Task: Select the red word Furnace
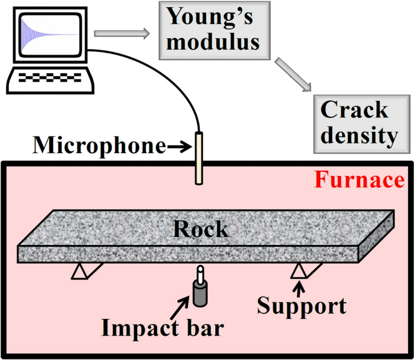pyautogui.click(x=360, y=180)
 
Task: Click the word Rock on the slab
pyautogui.click(x=201, y=229)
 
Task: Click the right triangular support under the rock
pyautogui.click(x=299, y=270)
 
